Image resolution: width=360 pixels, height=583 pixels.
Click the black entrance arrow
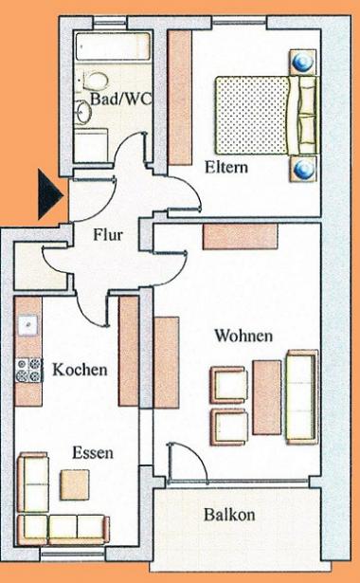click(x=50, y=193)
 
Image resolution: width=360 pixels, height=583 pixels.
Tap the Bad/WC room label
click(x=120, y=99)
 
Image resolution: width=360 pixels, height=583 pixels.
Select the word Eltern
click(x=226, y=167)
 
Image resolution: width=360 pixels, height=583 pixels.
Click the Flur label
click(x=108, y=235)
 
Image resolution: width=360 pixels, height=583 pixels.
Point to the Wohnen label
click(x=243, y=336)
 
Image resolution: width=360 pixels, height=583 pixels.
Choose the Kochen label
click(x=80, y=370)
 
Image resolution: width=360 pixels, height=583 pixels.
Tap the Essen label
click(x=93, y=453)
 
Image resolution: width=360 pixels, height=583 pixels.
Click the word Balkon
click(x=229, y=516)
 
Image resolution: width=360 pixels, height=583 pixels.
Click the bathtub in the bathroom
click(x=114, y=46)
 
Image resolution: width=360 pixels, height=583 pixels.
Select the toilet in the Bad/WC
click(x=96, y=81)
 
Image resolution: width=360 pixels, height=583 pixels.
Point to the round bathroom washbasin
click(x=84, y=111)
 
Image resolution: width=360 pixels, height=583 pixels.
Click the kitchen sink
click(x=28, y=325)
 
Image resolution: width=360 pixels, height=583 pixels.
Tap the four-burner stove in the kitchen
click(x=28, y=370)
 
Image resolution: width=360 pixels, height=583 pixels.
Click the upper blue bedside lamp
click(x=303, y=63)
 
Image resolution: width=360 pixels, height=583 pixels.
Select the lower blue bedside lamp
click(x=303, y=169)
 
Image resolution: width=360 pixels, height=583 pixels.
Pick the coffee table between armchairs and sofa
click(x=267, y=397)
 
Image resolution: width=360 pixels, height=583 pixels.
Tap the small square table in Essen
click(x=75, y=484)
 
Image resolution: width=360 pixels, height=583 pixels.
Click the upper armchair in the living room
click(x=229, y=385)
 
